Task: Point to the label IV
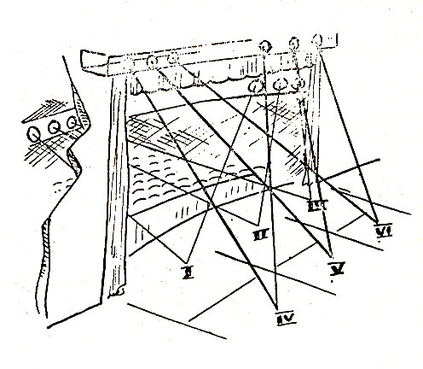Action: point(284,319)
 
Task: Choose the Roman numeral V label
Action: point(337,267)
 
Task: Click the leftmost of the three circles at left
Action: point(35,133)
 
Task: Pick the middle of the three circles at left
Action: point(54,129)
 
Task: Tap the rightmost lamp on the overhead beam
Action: point(319,39)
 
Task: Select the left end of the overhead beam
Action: point(84,59)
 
